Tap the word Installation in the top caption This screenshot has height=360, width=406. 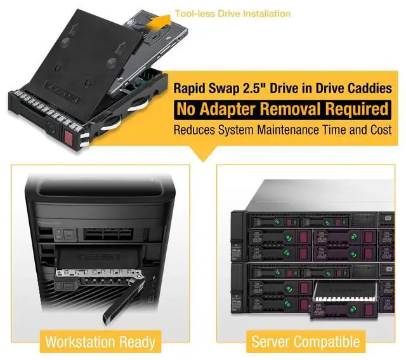[x=267, y=13]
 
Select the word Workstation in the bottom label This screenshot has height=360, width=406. [x=82, y=342]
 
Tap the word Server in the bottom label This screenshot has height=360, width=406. [x=272, y=342]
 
